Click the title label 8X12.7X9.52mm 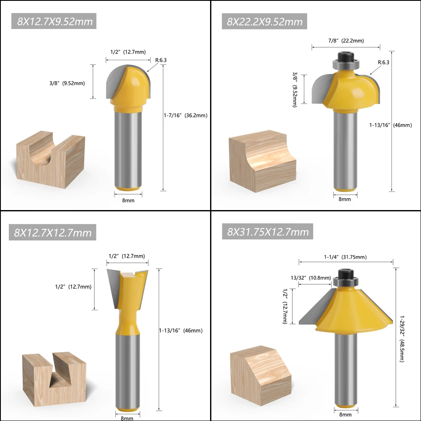click(x=54, y=21)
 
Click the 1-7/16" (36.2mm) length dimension click(x=186, y=115)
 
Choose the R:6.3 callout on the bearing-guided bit click(x=384, y=62)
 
